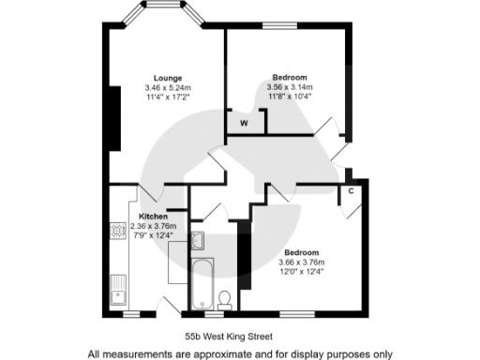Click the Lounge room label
169,78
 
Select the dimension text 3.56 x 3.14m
290,86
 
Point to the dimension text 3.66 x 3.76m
302,262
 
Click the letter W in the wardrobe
244,123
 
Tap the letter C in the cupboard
350,192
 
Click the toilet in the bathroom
224,299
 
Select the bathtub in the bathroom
201,284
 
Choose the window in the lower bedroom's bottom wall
299,312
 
